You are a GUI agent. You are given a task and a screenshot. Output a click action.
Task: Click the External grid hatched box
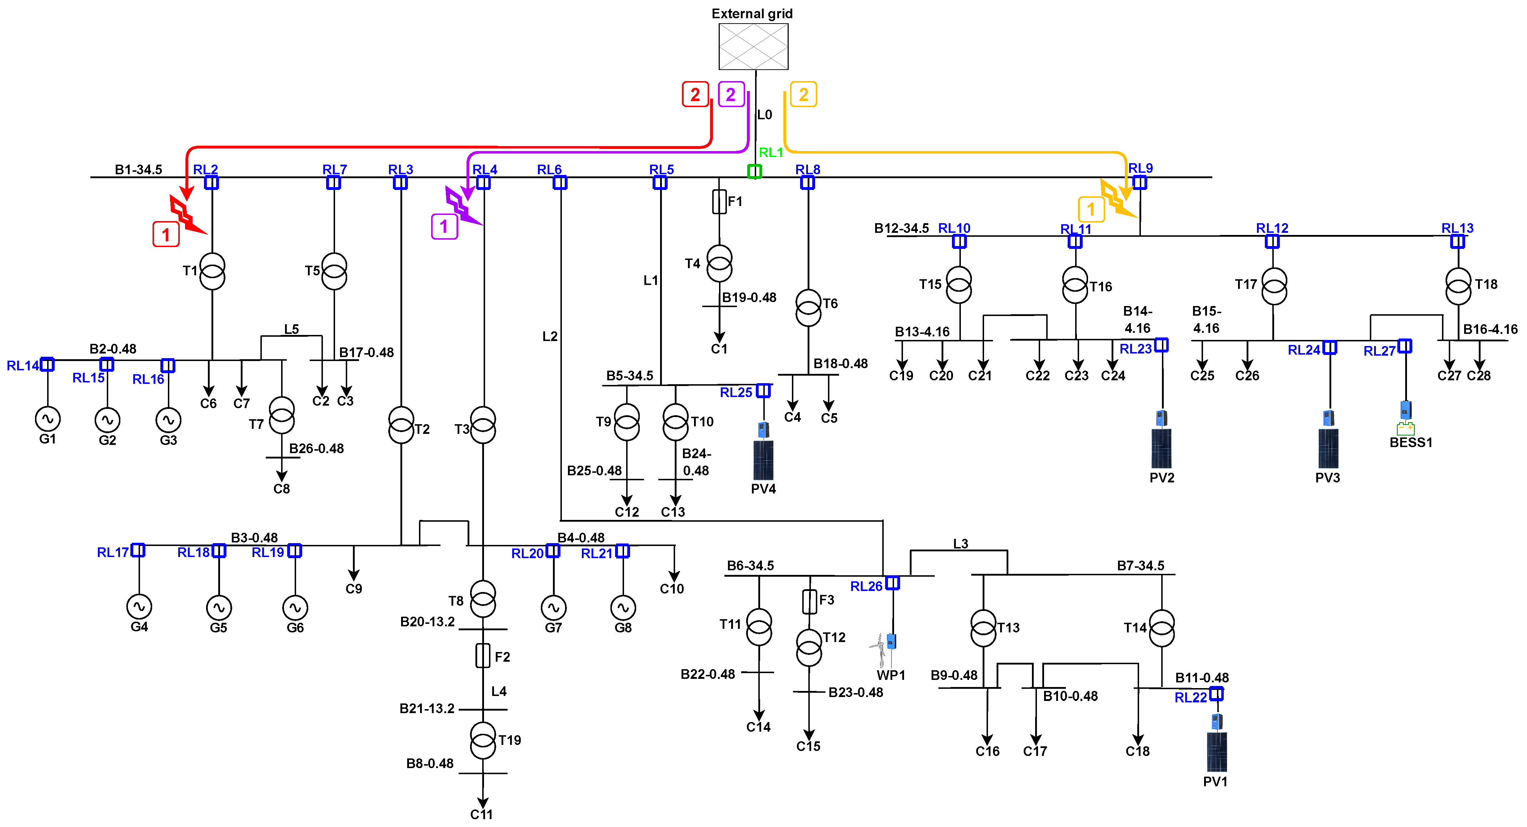coord(753,46)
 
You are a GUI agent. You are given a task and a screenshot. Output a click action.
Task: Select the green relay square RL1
coord(754,171)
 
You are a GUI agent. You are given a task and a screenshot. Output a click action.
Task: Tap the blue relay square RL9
coord(1139,182)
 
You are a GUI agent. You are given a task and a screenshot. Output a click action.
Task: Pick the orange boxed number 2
coord(803,94)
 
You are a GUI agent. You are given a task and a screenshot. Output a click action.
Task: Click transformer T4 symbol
coord(719,264)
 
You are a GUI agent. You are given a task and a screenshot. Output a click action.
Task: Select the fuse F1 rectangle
coord(719,201)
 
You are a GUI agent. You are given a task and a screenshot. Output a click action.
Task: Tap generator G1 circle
coord(48,419)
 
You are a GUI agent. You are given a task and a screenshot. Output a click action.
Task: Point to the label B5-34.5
coord(629,376)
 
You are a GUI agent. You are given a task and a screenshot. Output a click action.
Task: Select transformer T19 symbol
coord(483,740)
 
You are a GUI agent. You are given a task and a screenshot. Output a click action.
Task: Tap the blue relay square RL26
coord(892,583)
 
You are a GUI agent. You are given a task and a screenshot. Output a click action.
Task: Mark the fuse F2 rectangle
coord(483,656)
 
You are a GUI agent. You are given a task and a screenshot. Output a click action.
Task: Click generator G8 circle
coord(623,607)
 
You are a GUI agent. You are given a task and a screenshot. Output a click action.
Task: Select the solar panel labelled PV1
coord(1216,751)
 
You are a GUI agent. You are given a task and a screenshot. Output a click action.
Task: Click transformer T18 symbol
coord(1458,286)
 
